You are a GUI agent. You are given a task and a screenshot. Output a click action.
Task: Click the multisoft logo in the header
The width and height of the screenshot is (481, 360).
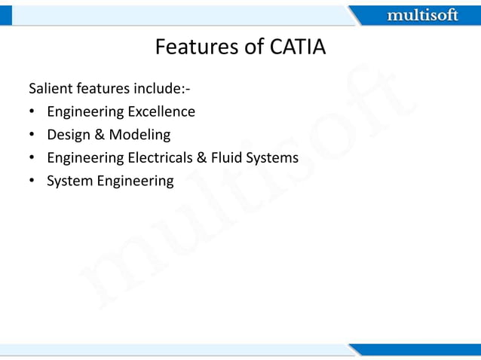422,15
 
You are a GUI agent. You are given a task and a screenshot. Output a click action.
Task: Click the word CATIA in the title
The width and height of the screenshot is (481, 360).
297,47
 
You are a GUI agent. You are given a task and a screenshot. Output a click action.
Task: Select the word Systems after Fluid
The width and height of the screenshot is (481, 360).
274,158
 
